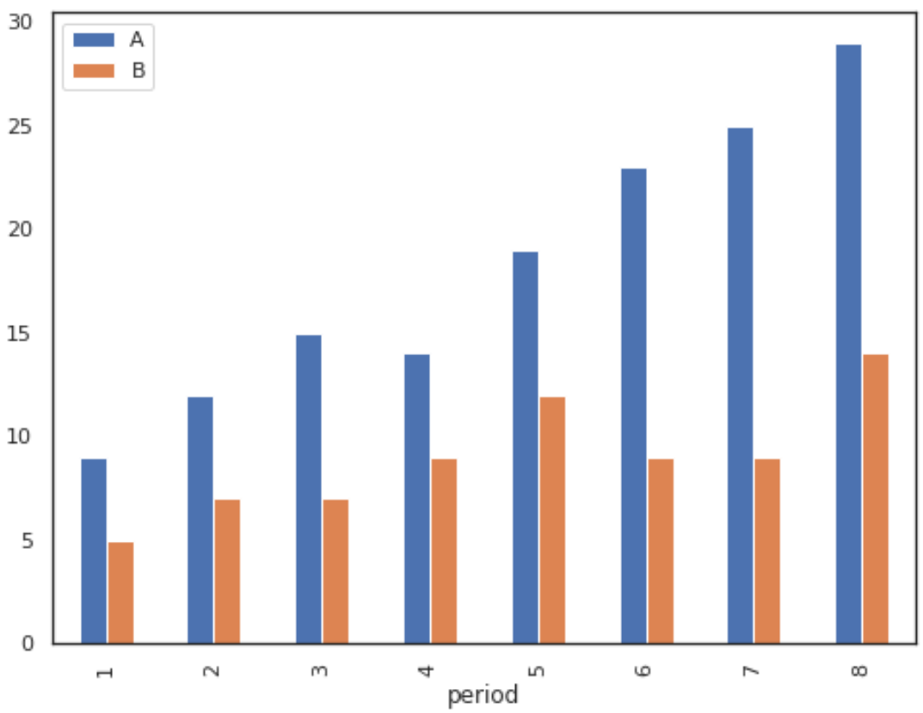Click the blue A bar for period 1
click(x=94, y=550)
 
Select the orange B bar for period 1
click(x=120, y=593)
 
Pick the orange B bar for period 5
click(x=551, y=519)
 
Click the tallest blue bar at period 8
click(x=848, y=344)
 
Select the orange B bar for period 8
click(x=875, y=499)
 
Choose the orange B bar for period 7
click(x=766, y=550)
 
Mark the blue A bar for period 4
click(x=416, y=499)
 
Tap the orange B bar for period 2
click(x=227, y=571)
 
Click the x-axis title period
click(x=483, y=695)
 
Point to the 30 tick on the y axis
click(x=19, y=22)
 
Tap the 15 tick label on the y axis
click(x=19, y=334)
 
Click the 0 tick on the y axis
click(x=26, y=644)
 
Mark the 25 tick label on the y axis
click(x=19, y=126)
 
